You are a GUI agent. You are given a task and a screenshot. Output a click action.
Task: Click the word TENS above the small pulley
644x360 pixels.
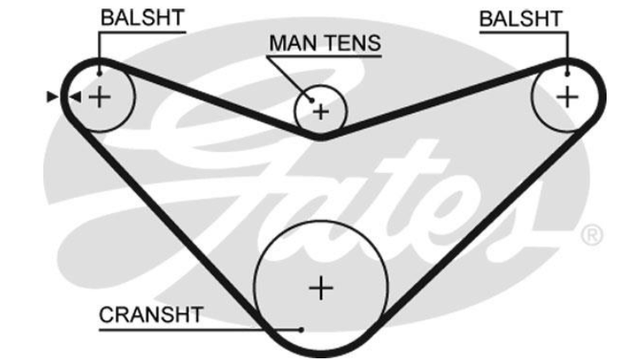point(351,42)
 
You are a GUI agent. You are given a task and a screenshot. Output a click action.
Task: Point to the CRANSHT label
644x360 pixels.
point(151,316)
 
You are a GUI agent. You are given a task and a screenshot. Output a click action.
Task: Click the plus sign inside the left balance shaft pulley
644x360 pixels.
point(100,97)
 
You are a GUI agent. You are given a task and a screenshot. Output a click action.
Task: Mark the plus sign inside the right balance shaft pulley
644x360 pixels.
point(567,96)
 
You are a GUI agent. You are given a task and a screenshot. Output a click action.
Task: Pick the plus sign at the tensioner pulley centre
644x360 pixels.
point(320,110)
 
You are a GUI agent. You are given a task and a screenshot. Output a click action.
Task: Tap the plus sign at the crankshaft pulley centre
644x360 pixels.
point(321,288)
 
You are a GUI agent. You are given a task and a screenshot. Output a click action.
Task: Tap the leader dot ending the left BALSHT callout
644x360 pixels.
point(99,70)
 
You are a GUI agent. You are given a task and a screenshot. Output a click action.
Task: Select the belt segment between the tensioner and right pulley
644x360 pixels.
point(433,105)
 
